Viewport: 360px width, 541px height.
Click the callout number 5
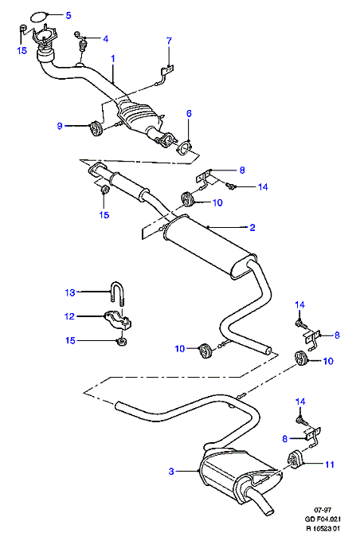(68, 15)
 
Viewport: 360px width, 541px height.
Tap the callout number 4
(105, 38)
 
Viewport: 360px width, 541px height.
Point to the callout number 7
(169, 41)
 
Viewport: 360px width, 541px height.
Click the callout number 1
(113, 59)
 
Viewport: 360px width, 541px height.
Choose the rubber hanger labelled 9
(94, 128)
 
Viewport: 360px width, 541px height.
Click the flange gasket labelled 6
(185, 150)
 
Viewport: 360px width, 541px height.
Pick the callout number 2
(252, 227)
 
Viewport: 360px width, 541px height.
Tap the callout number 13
(70, 292)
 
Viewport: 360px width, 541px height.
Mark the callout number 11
(330, 465)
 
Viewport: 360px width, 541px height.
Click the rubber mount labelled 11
(294, 460)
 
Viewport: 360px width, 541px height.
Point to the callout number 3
(171, 472)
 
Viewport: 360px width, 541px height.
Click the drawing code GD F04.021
(323, 519)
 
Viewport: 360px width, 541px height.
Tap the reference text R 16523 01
(323, 528)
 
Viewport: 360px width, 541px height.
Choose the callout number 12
(69, 316)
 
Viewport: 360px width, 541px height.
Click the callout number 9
(60, 126)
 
